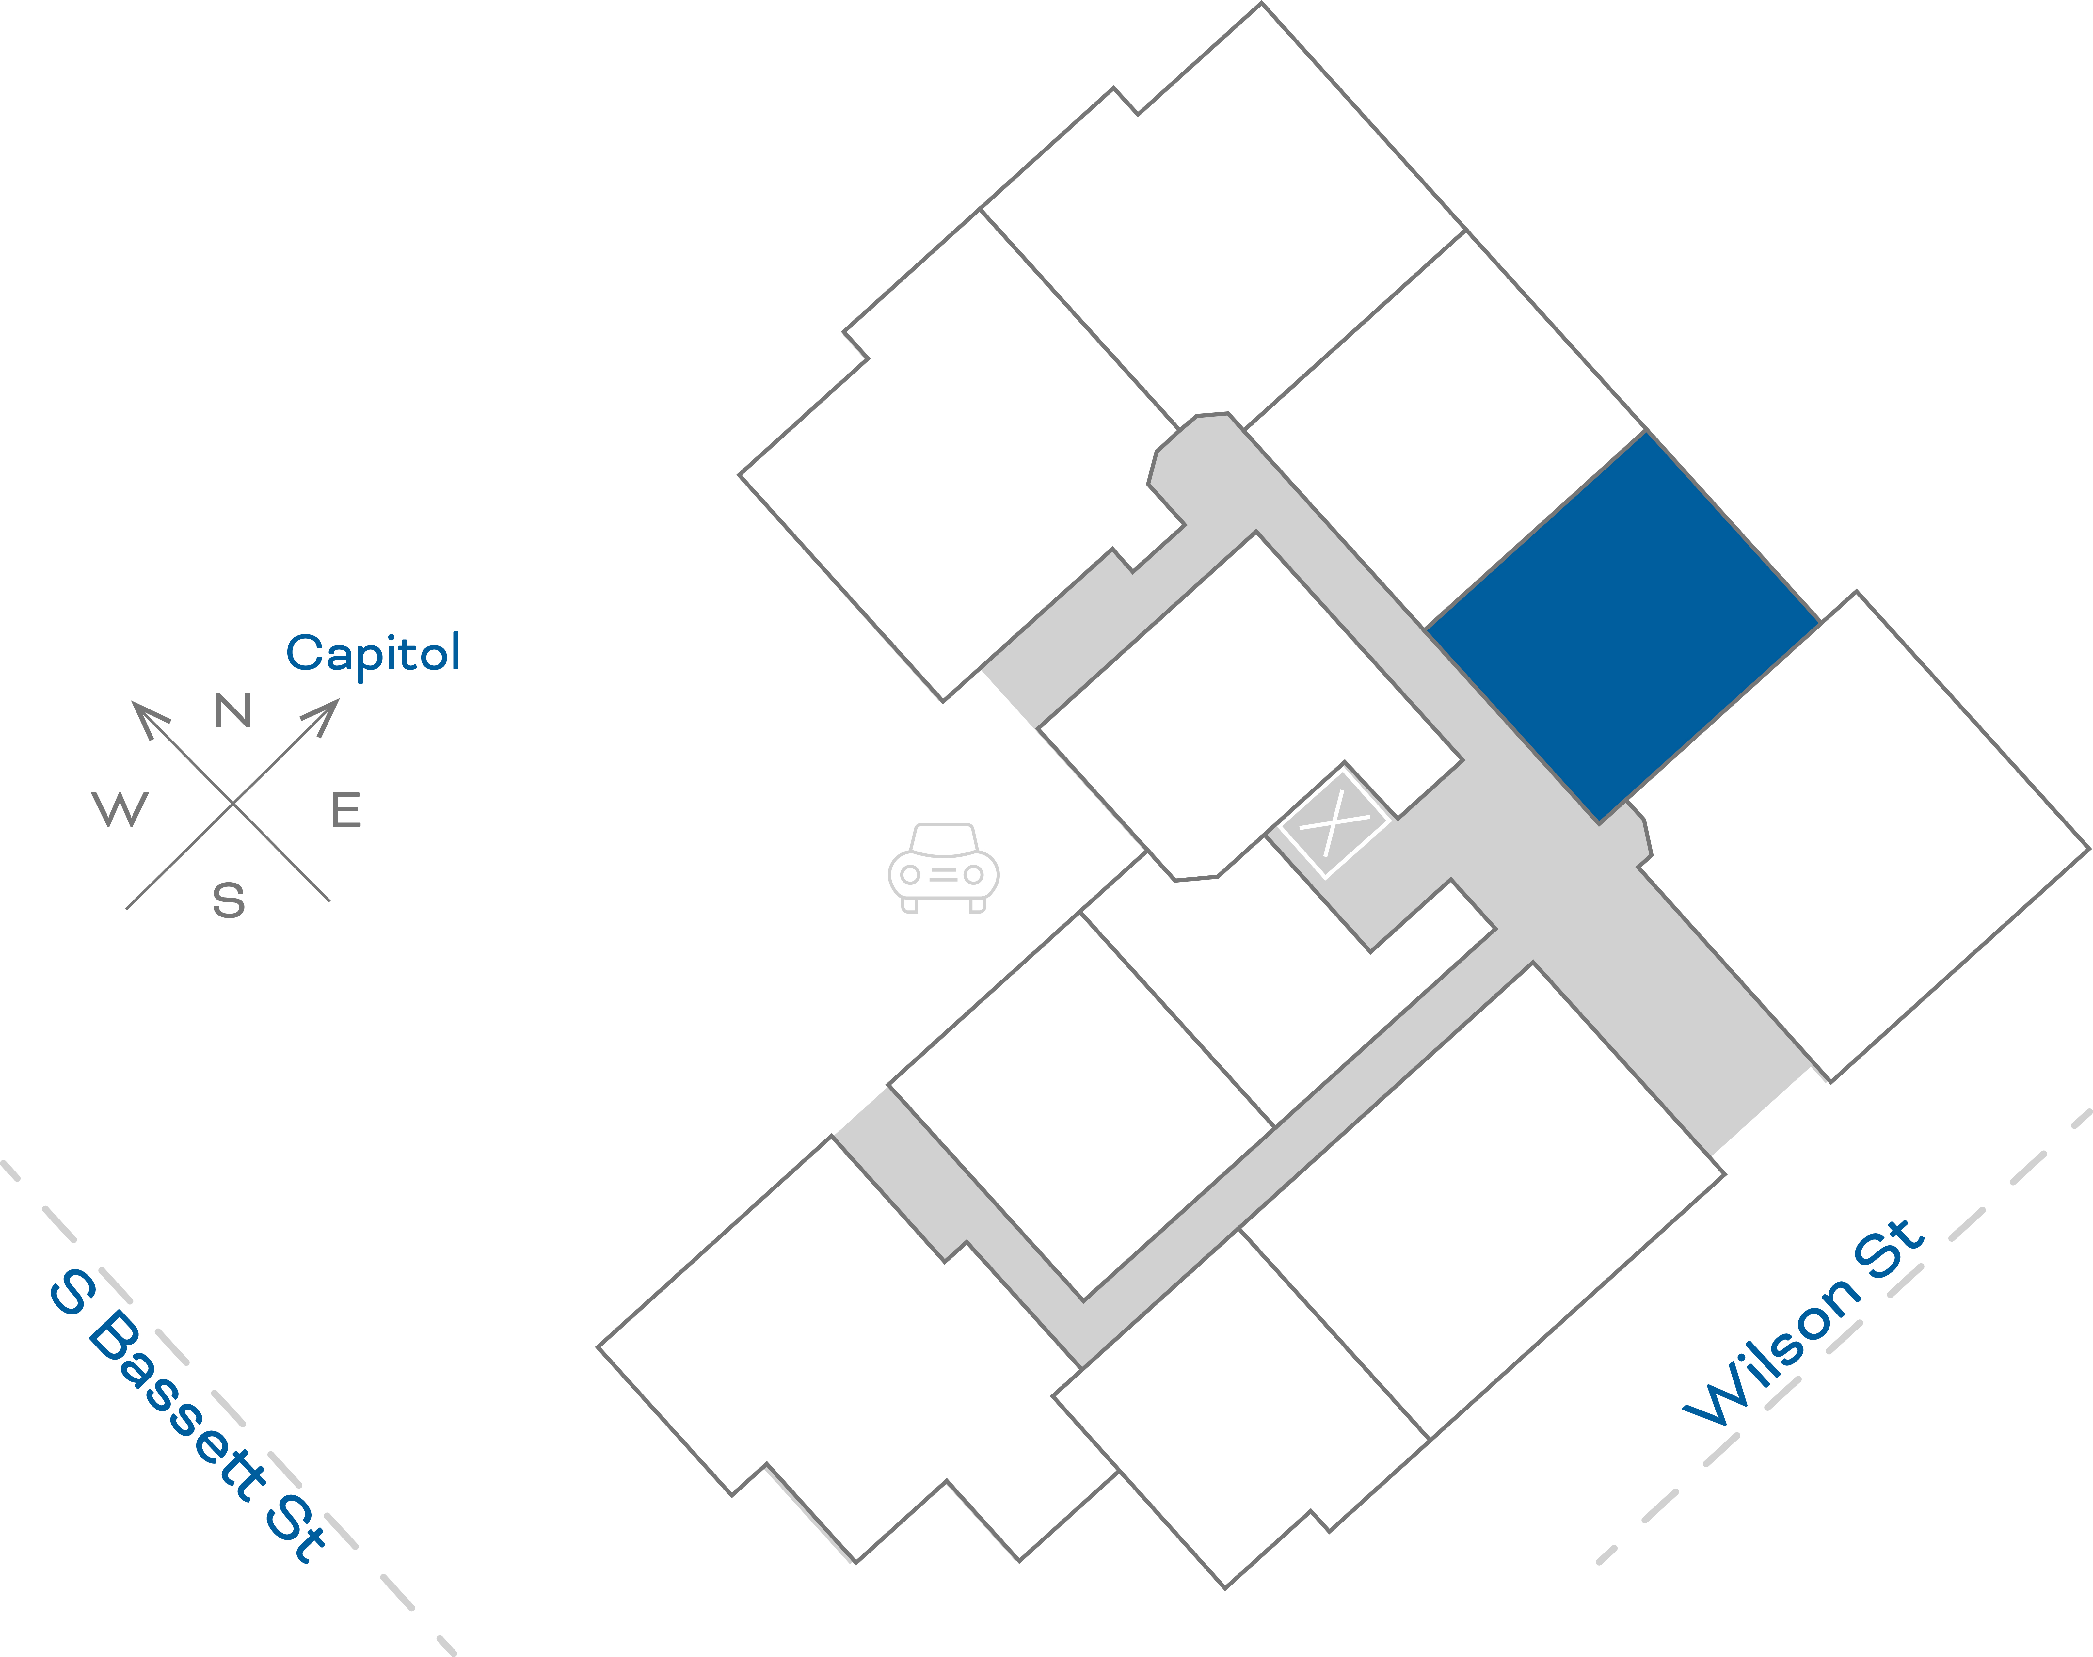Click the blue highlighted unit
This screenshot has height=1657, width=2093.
(x=1622, y=628)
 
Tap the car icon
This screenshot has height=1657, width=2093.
(x=943, y=868)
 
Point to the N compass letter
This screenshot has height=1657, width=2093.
(x=233, y=711)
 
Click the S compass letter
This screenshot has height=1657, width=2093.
(x=229, y=900)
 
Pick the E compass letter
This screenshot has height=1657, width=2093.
(x=346, y=810)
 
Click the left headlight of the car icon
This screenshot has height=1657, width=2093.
(x=910, y=875)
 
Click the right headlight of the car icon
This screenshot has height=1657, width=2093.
(x=973, y=875)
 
